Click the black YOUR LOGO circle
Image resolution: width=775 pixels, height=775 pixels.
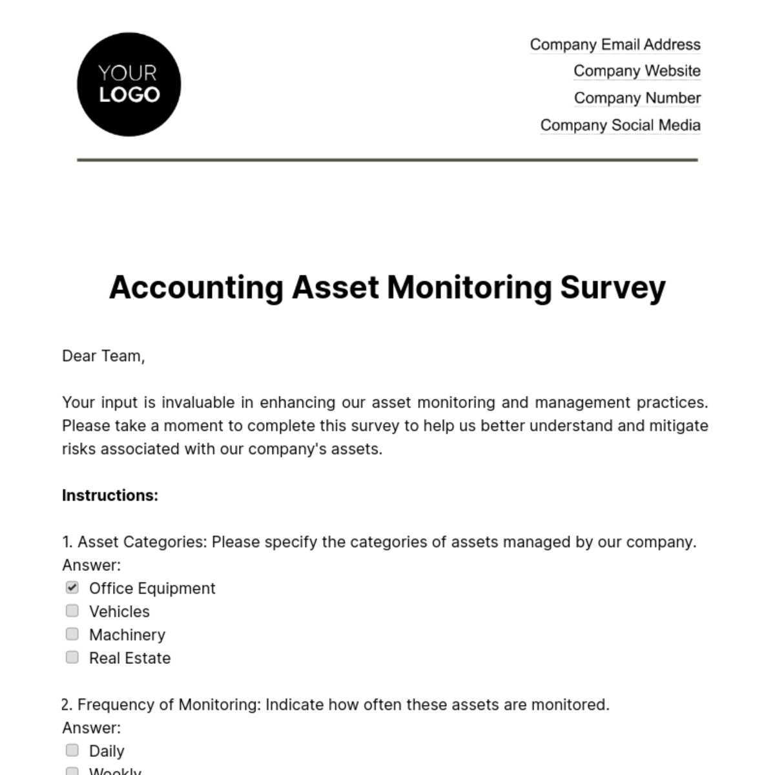(129, 85)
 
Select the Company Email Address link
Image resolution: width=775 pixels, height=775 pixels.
(615, 45)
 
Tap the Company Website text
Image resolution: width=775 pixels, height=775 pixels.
(637, 71)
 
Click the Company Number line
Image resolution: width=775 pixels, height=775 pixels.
(637, 98)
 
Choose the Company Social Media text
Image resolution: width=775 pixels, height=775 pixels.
(620, 125)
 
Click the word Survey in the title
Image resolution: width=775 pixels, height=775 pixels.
(612, 288)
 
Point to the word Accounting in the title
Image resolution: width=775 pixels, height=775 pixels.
(196, 288)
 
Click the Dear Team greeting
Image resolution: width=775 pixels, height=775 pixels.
(103, 356)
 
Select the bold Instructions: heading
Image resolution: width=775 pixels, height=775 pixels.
(110, 495)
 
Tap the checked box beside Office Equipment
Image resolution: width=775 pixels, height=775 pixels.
(72, 588)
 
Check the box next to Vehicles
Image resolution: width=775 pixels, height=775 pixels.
(72, 611)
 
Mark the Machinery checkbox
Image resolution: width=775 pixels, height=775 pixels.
(72, 634)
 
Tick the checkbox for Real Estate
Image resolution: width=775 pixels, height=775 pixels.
(72, 657)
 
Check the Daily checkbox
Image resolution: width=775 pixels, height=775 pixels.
(72, 750)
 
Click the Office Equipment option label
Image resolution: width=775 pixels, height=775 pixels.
(152, 588)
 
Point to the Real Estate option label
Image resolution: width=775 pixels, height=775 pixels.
(130, 658)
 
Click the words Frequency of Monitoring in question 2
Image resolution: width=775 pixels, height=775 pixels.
(169, 705)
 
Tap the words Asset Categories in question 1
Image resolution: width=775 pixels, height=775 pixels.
(141, 542)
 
